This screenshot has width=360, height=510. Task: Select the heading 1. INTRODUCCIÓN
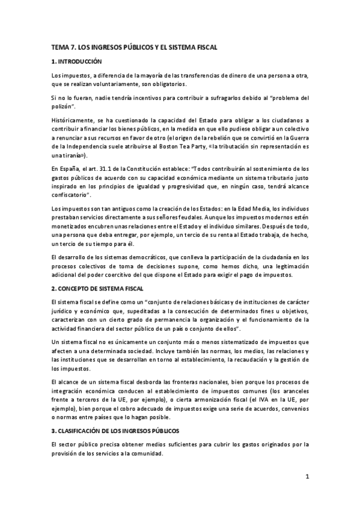pos(77,61)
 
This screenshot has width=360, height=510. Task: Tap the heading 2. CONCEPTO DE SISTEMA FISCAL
pos(97,289)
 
